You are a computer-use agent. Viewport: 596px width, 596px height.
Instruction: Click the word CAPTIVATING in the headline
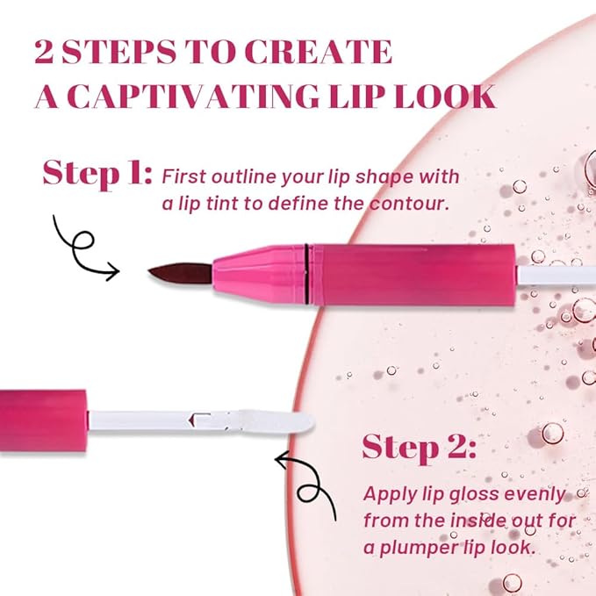[x=195, y=97]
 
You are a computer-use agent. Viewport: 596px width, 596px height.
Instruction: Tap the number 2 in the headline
[x=44, y=51]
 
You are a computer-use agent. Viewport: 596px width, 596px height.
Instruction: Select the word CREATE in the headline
[x=318, y=51]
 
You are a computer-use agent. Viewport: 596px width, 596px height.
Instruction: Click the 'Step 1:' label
[x=97, y=173]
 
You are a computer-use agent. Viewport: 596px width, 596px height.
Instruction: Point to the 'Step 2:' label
[x=419, y=448]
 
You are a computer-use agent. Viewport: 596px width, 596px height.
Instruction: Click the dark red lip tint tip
[x=180, y=273]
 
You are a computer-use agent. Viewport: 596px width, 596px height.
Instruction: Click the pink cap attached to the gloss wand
[x=43, y=420]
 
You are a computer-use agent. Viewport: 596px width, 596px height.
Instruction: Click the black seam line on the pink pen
[x=306, y=275]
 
